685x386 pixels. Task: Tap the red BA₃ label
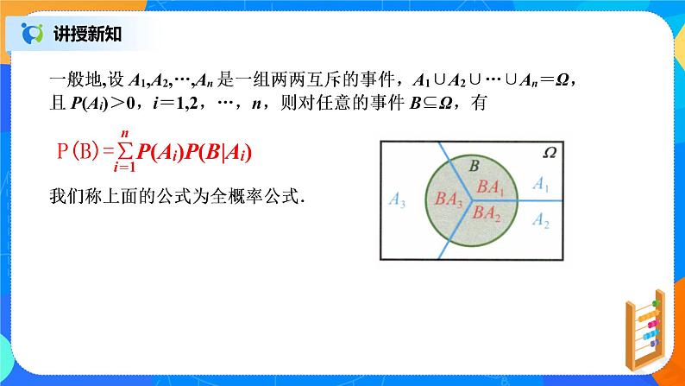[449, 199]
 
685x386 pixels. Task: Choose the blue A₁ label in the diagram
[542, 183]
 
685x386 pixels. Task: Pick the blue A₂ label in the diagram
[542, 221]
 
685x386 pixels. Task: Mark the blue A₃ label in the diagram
[398, 202]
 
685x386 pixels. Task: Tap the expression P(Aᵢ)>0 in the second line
[100, 104]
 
